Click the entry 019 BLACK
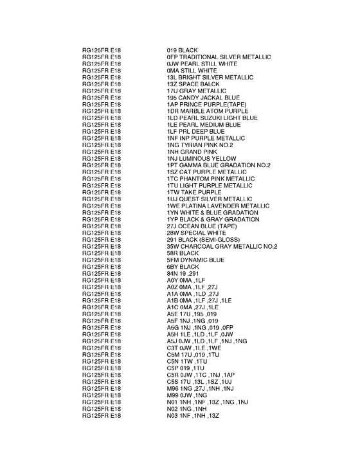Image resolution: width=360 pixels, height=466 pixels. click(x=182, y=50)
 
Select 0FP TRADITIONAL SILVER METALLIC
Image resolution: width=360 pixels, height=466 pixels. click(x=219, y=57)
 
